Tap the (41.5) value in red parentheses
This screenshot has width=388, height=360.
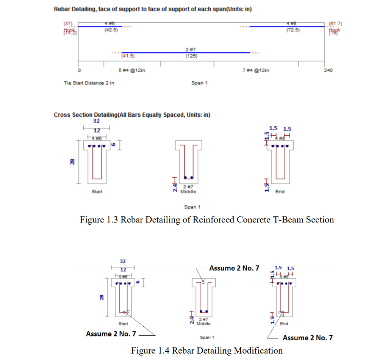coord(128,56)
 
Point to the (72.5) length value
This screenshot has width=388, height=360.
coord(293,30)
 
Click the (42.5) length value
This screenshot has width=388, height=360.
coord(111,30)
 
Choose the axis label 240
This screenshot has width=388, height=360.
coord(328,70)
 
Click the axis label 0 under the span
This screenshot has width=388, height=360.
coord(79,70)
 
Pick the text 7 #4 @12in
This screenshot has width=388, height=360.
coord(256,70)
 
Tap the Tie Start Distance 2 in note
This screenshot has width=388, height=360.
coord(89,83)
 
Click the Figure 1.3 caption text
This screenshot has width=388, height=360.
coord(207,219)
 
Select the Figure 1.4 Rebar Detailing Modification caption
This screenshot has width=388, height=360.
coord(207,351)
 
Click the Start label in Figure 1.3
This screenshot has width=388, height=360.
coord(97,192)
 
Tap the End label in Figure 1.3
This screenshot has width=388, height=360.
coord(280,192)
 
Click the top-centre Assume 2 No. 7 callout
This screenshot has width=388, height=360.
coord(234,268)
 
